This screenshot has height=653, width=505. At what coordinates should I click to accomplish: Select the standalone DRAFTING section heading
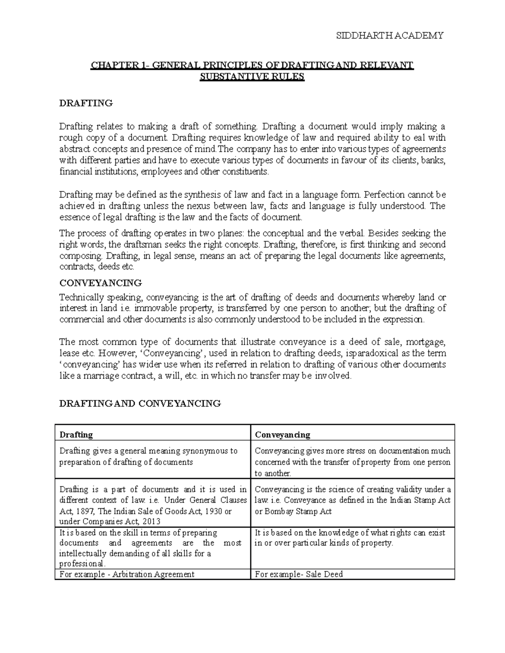pyautogui.click(x=86, y=103)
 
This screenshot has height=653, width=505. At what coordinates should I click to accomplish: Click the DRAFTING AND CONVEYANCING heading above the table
pyautogui.click(x=140, y=404)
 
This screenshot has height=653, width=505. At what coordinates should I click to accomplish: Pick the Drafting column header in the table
pyautogui.click(x=76, y=434)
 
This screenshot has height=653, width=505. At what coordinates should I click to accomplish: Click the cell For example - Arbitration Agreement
pyautogui.click(x=127, y=574)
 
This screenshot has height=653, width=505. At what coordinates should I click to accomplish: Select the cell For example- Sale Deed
pyautogui.click(x=299, y=574)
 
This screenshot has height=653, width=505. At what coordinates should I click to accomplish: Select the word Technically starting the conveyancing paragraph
pyautogui.click(x=81, y=297)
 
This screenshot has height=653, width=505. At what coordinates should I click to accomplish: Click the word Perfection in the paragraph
pyautogui.click(x=384, y=195)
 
